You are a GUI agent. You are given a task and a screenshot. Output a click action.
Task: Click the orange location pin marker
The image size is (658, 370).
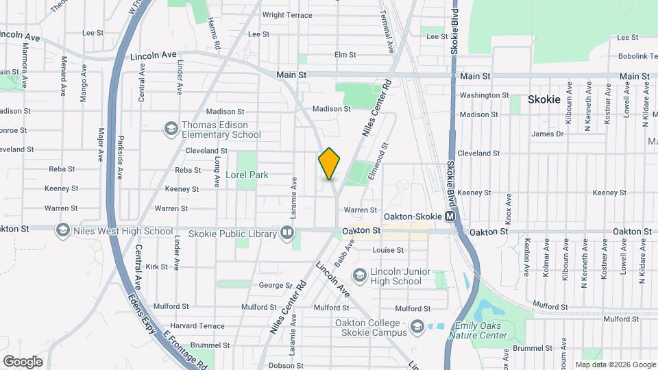click(330, 163)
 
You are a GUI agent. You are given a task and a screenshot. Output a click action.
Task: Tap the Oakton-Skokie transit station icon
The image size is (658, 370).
click(450, 217)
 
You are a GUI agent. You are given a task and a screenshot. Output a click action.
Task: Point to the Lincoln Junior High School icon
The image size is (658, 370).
click(359, 275)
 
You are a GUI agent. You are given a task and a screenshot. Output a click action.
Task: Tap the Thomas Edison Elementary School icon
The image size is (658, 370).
click(170, 129)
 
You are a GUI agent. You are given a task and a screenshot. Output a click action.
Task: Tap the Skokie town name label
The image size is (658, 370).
click(544, 99)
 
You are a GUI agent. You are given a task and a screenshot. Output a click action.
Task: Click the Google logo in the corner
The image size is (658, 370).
click(23, 361)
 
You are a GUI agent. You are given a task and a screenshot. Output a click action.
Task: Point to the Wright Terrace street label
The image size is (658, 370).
click(287, 14)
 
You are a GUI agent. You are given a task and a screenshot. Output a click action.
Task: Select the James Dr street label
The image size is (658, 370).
click(547, 134)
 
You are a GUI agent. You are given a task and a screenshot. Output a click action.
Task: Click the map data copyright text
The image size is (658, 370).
click(614, 365)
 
